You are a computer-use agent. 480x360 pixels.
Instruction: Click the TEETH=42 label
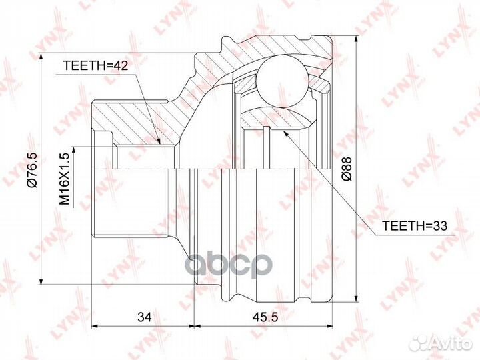[95, 65]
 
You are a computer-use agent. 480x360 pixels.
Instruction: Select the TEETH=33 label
[415, 226]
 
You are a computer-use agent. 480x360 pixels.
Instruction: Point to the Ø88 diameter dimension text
[347, 169]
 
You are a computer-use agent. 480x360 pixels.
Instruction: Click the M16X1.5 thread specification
[65, 179]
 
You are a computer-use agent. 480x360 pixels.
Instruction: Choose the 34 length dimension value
[145, 317]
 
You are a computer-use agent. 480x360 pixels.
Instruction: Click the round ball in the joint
[282, 81]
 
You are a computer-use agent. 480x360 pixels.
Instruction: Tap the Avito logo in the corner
[441, 343]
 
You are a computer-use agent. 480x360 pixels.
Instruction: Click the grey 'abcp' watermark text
[229, 265]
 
